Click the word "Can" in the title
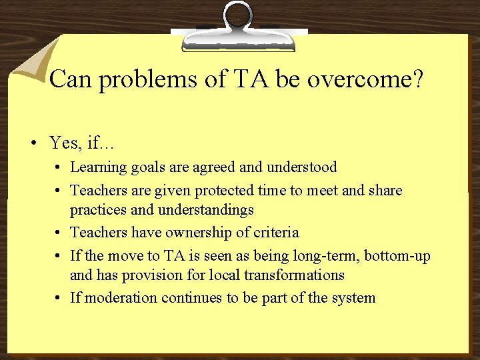click(x=69, y=80)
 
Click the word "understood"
click(x=304, y=167)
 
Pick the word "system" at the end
click(x=353, y=297)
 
